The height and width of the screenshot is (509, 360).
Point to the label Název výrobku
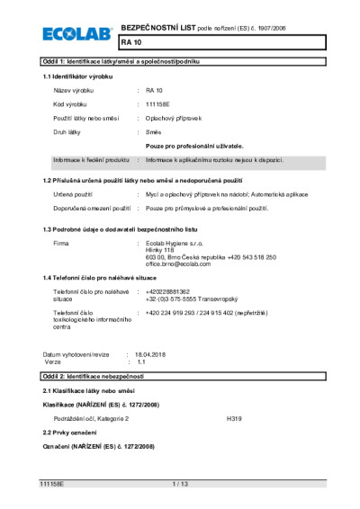click(74, 92)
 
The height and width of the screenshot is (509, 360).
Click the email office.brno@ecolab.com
click(184, 264)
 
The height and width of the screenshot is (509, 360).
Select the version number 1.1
click(140, 362)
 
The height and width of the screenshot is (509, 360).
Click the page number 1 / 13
click(180, 485)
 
